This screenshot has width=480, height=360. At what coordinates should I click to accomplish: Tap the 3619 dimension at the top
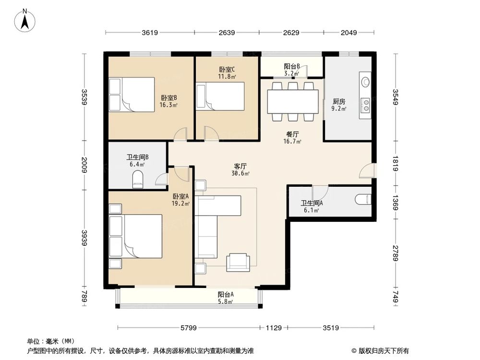150,33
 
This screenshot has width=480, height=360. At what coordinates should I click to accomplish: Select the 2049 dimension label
349,33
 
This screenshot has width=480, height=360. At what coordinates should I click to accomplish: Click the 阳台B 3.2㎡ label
292,70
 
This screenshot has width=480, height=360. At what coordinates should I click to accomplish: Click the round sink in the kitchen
365,81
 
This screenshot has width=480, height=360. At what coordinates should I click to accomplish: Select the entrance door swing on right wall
367,171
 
